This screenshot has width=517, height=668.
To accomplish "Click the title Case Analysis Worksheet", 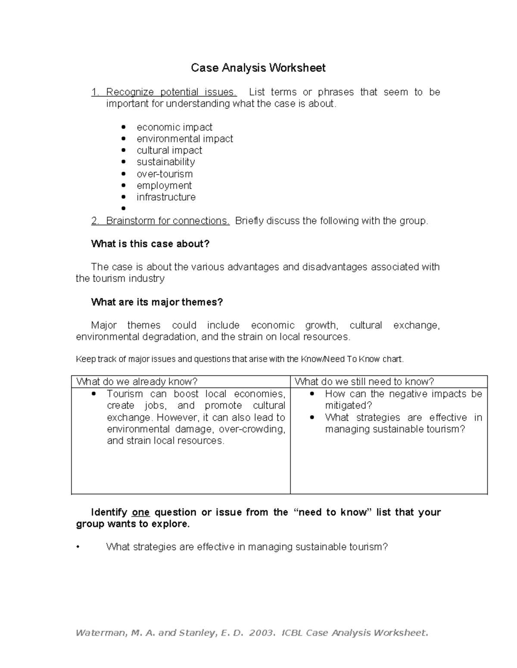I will [x=258, y=68].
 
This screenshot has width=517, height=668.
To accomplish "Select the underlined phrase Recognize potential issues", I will [x=171, y=92].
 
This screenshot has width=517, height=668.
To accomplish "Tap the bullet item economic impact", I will [x=174, y=127].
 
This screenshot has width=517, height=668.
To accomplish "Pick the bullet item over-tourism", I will [x=165, y=174].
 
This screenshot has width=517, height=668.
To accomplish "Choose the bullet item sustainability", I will [x=165, y=162].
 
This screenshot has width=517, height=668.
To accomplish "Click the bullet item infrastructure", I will [x=166, y=197].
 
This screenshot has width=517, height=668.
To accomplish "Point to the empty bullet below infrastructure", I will [x=124, y=209].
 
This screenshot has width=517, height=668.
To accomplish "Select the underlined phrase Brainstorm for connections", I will [x=168, y=221].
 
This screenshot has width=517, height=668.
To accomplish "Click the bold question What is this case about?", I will [x=150, y=244].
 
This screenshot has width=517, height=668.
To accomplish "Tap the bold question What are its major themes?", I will [x=157, y=302].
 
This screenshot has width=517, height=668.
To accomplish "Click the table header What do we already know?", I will [x=137, y=382].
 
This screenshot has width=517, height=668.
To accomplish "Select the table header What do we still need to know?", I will [x=364, y=382].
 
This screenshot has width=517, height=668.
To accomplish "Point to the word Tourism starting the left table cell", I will [x=125, y=394].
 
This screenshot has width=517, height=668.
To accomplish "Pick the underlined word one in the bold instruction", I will [x=140, y=512].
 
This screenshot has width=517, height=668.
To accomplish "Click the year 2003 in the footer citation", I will [x=261, y=633].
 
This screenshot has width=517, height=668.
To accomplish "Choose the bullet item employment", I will [x=164, y=185].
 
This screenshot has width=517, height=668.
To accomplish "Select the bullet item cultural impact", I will [x=169, y=151].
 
